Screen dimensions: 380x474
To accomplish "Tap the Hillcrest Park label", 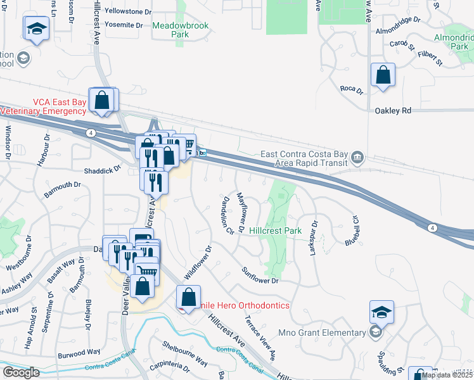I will [x=275, y=231].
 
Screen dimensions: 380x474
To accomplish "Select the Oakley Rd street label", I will [x=393, y=110].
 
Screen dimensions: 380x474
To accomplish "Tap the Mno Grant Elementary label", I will [x=321, y=332].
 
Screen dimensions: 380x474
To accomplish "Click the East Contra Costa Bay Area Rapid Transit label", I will [x=305, y=159].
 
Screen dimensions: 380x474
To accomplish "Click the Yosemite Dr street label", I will [x=124, y=25].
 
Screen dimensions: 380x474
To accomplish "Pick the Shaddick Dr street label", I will [x=102, y=170].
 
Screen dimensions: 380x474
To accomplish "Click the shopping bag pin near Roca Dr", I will [x=383, y=77].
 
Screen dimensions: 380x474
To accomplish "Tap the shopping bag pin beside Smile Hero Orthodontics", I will [x=188, y=296].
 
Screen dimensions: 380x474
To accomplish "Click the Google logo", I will [x=22, y=372].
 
